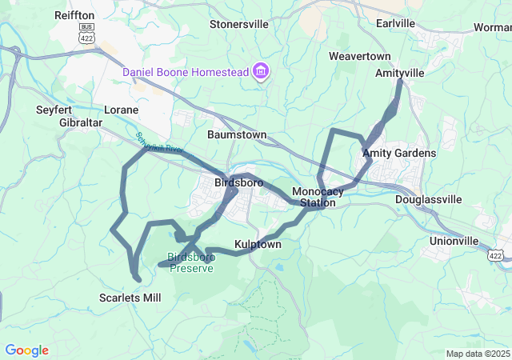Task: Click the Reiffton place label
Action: click(x=74, y=15)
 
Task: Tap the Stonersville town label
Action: click(x=239, y=24)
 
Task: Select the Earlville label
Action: click(x=396, y=23)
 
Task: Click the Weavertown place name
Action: click(x=359, y=56)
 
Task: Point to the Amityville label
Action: click(x=400, y=73)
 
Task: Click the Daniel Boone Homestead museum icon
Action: click(x=260, y=72)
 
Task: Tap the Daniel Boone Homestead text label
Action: click(x=185, y=73)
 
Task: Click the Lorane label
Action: click(x=121, y=110)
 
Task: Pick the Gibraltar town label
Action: click(x=81, y=122)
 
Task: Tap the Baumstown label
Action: click(x=236, y=135)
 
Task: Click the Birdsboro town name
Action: click(x=239, y=183)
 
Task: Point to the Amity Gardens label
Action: click(x=399, y=153)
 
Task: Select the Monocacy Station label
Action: click(x=318, y=197)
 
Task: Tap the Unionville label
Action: click(x=454, y=241)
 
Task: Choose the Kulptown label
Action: click(x=258, y=244)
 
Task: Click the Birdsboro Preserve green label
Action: click(x=190, y=262)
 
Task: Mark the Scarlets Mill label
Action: click(x=130, y=298)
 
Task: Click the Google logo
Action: click(x=26, y=350)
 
